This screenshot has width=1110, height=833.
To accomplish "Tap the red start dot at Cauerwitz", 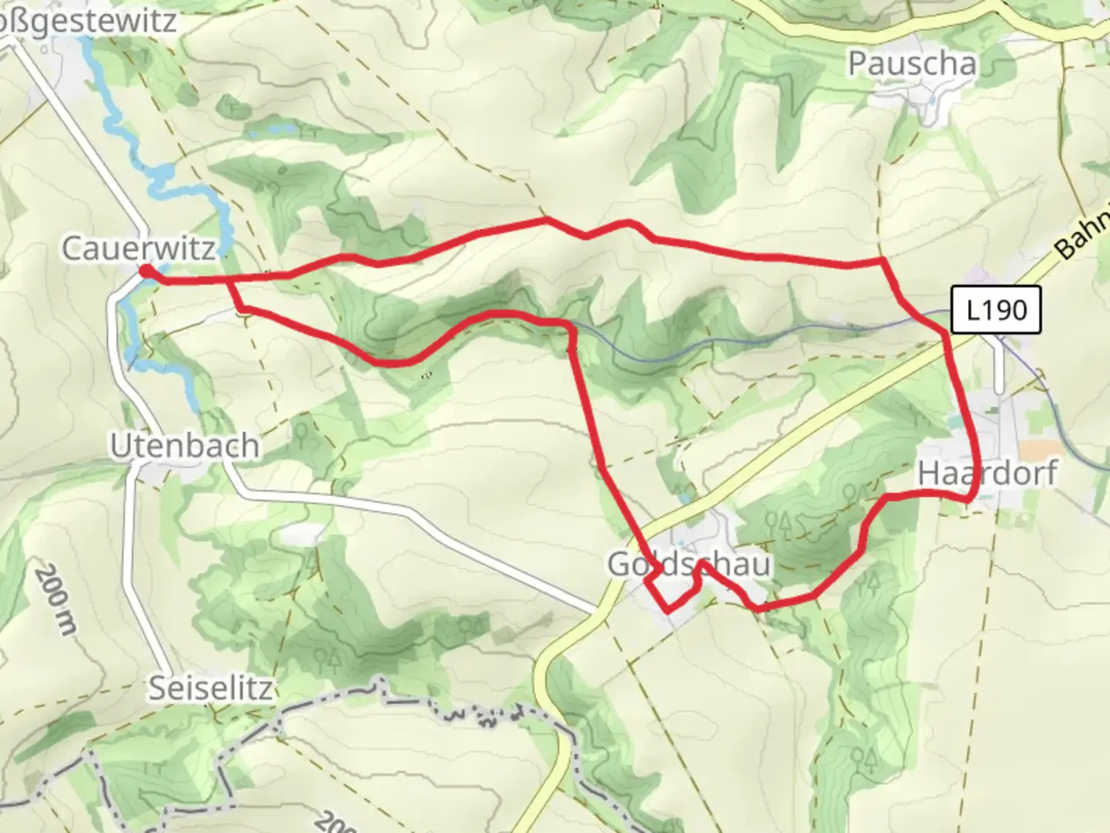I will [x=145, y=271].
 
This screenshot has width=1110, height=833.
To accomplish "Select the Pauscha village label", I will [x=912, y=64].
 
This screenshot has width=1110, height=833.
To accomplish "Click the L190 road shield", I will [x=996, y=310].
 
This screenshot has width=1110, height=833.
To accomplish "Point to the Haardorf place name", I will [x=987, y=474].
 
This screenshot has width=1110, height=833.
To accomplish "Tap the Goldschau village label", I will [x=688, y=565].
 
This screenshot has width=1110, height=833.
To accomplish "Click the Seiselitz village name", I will [x=210, y=688].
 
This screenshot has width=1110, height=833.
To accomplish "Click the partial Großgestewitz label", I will [x=88, y=21].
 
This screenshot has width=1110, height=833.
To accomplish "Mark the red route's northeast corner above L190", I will [x=882, y=261].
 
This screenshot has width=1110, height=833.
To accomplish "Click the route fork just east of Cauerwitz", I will [x=229, y=282].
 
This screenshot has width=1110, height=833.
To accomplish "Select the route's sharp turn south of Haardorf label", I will [x=967, y=499].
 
